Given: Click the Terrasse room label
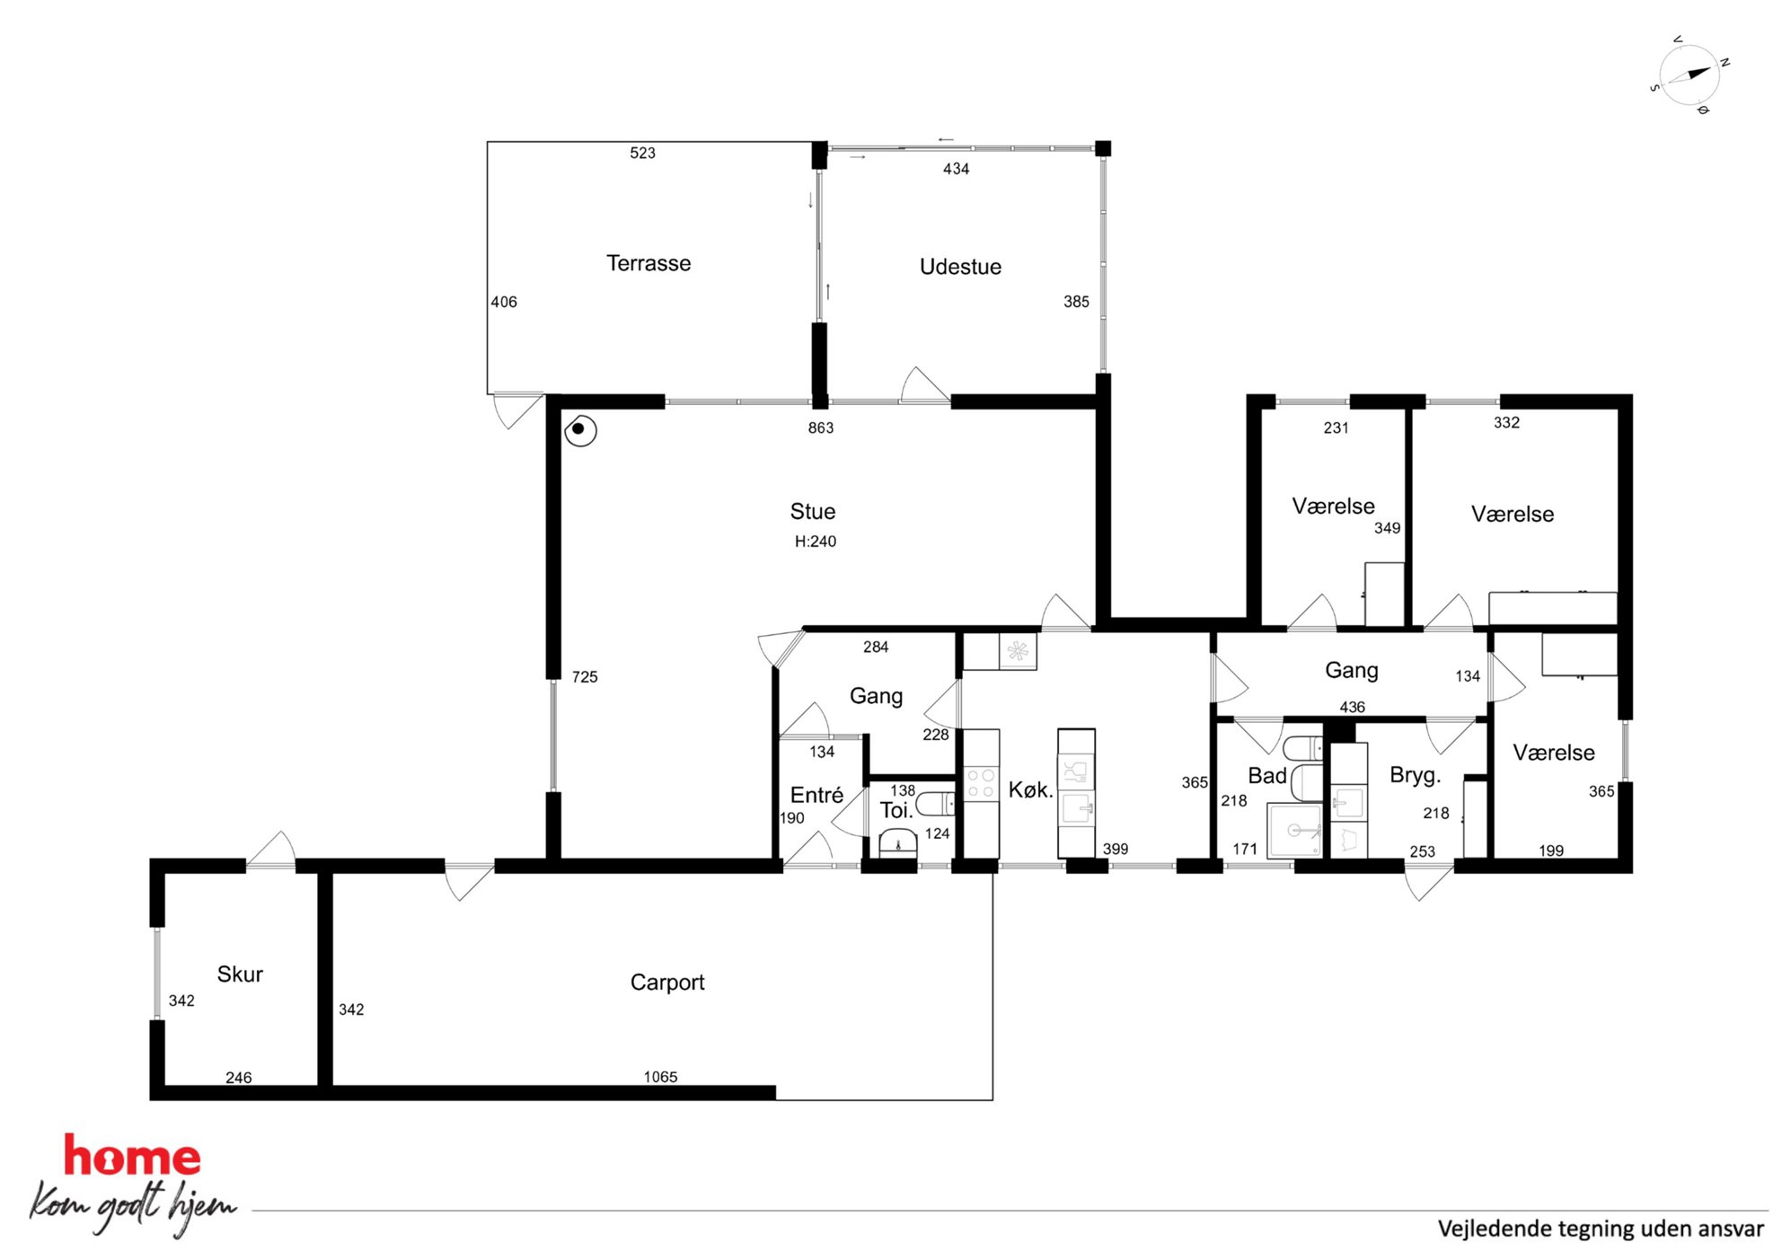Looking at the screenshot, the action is point(648,263).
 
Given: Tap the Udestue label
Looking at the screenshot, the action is point(960,267).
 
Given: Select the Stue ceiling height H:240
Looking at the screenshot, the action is point(815,542).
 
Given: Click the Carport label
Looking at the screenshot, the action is point(667,982).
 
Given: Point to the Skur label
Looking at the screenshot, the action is point(240,974).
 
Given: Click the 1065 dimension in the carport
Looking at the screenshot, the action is point(660,1077).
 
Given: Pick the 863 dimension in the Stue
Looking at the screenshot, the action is point(821,428).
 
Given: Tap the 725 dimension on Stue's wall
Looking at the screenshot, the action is point(585,677).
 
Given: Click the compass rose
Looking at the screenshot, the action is point(1689,75).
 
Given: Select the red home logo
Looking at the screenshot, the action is point(132,1157).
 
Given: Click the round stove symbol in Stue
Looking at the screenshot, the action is point(580,430).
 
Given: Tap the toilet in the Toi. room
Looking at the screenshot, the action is point(935,803).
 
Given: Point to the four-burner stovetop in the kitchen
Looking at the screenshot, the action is point(980,782).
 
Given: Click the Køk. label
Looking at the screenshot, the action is point(1030,790).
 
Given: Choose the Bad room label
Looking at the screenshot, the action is point(1267,776).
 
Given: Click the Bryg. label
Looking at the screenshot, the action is point(1415,776).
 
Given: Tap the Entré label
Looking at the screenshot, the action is point(816,796).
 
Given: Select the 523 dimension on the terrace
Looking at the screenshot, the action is point(642,154).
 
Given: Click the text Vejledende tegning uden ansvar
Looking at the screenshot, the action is point(1601,1229).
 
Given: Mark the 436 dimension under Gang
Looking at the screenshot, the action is point(1352,708).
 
